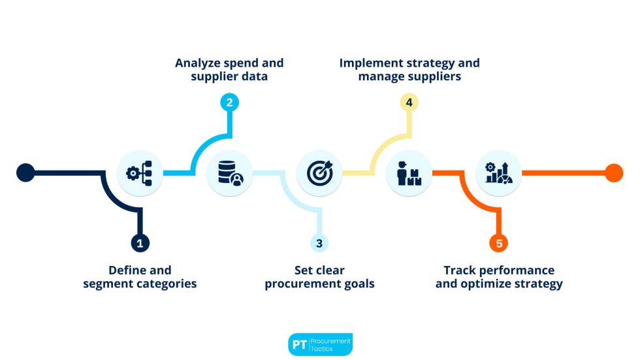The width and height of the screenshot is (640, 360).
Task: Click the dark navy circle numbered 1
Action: [140, 243]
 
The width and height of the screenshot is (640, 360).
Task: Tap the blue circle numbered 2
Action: [230, 102]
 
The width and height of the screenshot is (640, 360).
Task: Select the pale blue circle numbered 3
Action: [319, 243]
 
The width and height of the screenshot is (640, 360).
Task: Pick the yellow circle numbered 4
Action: [409, 103]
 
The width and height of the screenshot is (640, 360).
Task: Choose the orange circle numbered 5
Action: [499, 243]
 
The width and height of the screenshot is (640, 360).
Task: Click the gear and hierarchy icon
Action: [140, 173]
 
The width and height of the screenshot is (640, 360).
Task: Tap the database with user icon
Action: [229, 173]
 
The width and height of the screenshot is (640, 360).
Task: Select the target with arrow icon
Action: [319, 173]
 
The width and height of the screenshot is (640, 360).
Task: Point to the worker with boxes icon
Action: [409, 173]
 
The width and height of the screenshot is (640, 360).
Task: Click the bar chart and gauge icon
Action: [499, 173]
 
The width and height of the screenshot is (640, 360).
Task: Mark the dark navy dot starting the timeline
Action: [25, 172]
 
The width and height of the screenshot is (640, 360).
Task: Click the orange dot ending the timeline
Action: [614, 172]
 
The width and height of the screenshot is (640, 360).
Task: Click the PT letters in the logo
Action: [299, 345]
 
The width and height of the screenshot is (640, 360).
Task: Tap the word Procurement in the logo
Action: [330, 340]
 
